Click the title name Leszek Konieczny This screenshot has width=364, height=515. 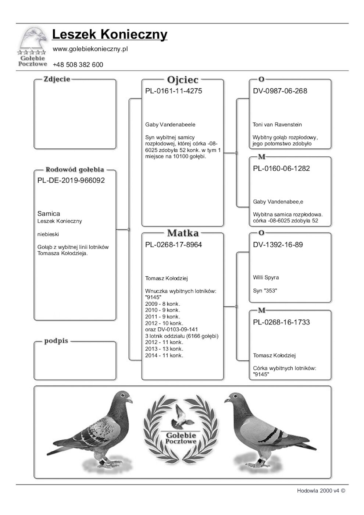coord(110,34)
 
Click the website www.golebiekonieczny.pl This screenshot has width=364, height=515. coord(90,49)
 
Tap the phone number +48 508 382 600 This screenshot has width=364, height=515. coord(78,65)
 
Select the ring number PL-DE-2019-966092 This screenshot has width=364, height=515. coord(71,181)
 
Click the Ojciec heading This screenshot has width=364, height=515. coord(182,80)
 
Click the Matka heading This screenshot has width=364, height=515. coord(182,233)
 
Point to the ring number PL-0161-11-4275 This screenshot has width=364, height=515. coord(174,91)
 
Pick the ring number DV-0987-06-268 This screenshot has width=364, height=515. coord(280,91)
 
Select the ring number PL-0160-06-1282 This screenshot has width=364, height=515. coord(281,168)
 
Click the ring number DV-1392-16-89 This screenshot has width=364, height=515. coord(278,245)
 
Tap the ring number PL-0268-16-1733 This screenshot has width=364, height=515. coord(281,322)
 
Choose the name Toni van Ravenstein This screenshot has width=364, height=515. coord(277,125)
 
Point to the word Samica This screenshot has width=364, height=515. coord(49,214)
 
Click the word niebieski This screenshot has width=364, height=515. coord(48,234)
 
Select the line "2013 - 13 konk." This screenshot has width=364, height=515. coord(164,349)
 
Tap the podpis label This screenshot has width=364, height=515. coord(56,341)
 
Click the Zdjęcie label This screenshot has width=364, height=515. coord(57,79)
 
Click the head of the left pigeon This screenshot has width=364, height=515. coord(123,398)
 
